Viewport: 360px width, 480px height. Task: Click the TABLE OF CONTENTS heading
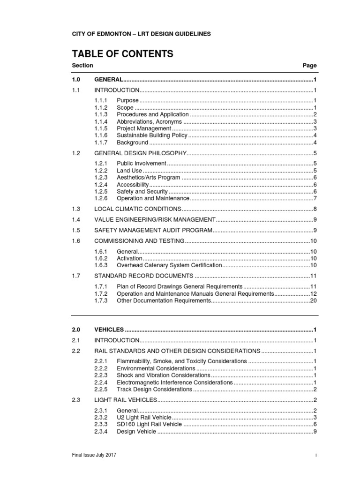122,54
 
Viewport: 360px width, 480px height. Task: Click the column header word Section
82,66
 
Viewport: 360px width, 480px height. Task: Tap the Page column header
310,66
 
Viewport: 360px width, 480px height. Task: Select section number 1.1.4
101,121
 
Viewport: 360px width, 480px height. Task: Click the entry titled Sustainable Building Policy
152,135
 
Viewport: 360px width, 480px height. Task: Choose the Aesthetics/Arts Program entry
148,178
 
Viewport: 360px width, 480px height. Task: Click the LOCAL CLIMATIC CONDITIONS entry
138,209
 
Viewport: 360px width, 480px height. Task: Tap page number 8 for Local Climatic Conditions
315,209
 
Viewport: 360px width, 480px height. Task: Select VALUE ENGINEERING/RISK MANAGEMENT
155,219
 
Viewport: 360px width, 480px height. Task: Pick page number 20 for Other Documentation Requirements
314,300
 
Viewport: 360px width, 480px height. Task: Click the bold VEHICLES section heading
109,330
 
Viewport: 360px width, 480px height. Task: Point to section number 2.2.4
101,382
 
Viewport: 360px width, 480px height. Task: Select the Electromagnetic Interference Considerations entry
174,382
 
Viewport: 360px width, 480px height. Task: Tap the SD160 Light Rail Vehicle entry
150,424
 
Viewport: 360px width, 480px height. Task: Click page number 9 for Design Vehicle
315,431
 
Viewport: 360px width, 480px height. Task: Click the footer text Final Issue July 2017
94,455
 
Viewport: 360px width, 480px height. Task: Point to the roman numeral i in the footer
316,455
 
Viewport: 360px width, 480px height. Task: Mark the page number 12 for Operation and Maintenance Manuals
314,293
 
